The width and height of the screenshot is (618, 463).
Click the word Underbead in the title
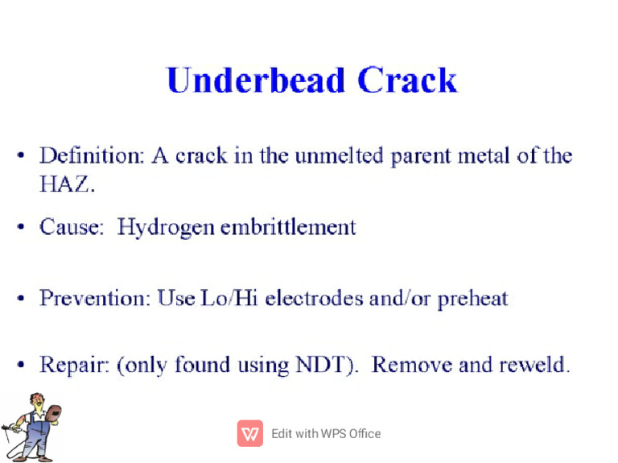(x=256, y=80)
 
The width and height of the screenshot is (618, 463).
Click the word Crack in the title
(x=407, y=80)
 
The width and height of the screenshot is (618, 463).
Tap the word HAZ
(x=67, y=184)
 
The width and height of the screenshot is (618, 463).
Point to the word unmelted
(x=339, y=155)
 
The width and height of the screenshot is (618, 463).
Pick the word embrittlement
(x=288, y=227)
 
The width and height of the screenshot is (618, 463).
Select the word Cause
(x=72, y=227)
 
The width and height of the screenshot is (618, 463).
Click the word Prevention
(x=95, y=298)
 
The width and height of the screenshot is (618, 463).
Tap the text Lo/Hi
(x=229, y=298)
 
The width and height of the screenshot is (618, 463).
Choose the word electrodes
(x=314, y=298)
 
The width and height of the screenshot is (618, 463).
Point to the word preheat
(x=473, y=299)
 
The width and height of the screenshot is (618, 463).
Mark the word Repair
(x=74, y=366)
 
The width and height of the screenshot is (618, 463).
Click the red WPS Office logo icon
(x=250, y=433)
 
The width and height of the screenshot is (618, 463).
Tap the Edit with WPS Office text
(x=326, y=434)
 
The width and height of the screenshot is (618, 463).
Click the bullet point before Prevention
(x=20, y=298)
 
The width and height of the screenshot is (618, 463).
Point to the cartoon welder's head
(x=38, y=402)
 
